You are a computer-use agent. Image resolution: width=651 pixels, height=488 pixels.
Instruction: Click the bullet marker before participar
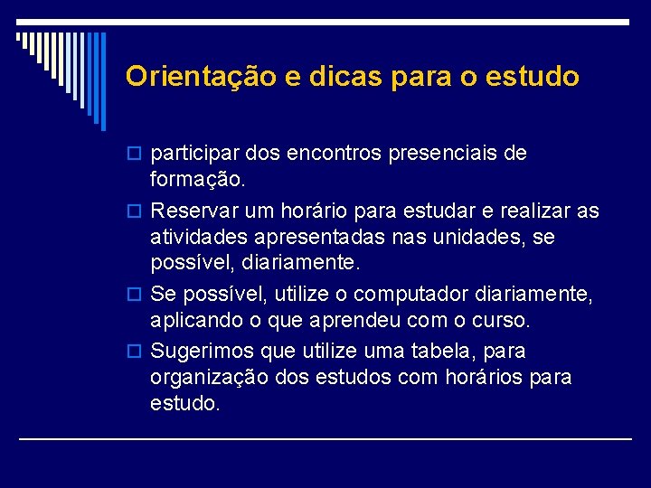pyautogui.click(x=137, y=155)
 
